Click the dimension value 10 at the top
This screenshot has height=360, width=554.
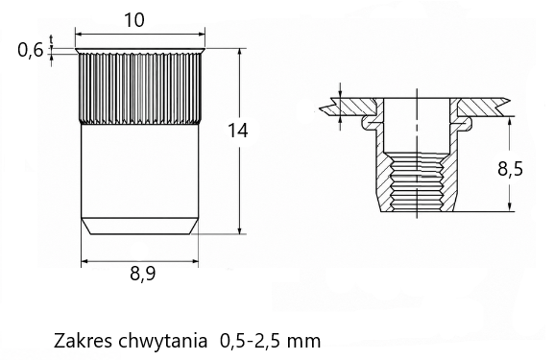[x=134, y=20]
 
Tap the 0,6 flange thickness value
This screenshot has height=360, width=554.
[x=31, y=50]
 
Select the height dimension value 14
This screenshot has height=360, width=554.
[x=238, y=131]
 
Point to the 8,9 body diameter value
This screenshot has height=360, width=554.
[x=143, y=273]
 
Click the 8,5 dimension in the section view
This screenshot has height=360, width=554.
[x=510, y=169]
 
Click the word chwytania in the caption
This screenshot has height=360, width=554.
[x=162, y=342]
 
